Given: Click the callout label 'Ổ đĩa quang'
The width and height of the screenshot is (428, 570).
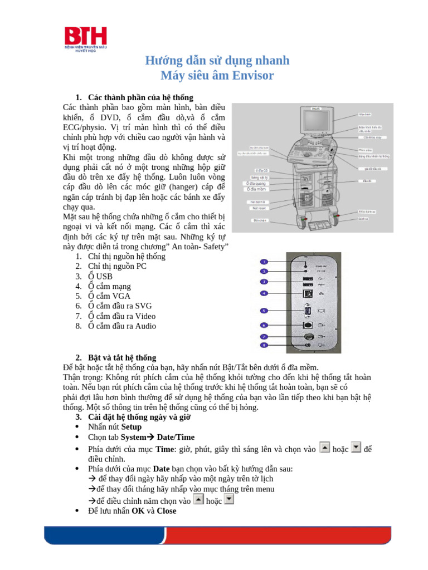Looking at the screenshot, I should pyautogui.click(x=256, y=183).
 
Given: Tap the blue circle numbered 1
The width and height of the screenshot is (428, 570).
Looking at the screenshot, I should pyautogui.click(x=265, y=261).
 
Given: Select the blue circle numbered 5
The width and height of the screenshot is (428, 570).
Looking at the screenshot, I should pyautogui.click(x=265, y=310).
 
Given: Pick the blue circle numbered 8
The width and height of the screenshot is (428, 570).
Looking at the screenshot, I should pyautogui.click(x=265, y=346).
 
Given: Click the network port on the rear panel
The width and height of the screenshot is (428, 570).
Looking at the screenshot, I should pyautogui.click(x=307, y=293).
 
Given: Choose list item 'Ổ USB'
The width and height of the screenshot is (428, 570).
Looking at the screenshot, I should pyautogui.click(x=100, y=276).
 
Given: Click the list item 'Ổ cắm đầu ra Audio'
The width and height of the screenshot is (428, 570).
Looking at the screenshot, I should pyautogui.click(x=121, y=326).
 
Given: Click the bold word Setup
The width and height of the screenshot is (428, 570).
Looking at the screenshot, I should pyautogui.click(x=132, y=427).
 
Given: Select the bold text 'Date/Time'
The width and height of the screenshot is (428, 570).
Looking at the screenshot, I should pyautogui.click(x=176, y=438).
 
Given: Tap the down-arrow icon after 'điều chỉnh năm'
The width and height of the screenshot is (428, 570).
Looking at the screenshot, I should pyautogui.click(x=228, y=500).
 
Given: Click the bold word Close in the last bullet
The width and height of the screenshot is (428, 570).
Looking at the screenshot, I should pyautogui.click(x=167, y=510).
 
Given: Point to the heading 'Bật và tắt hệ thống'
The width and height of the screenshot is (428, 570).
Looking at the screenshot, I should pyautogui.click(x=122, y=357).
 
